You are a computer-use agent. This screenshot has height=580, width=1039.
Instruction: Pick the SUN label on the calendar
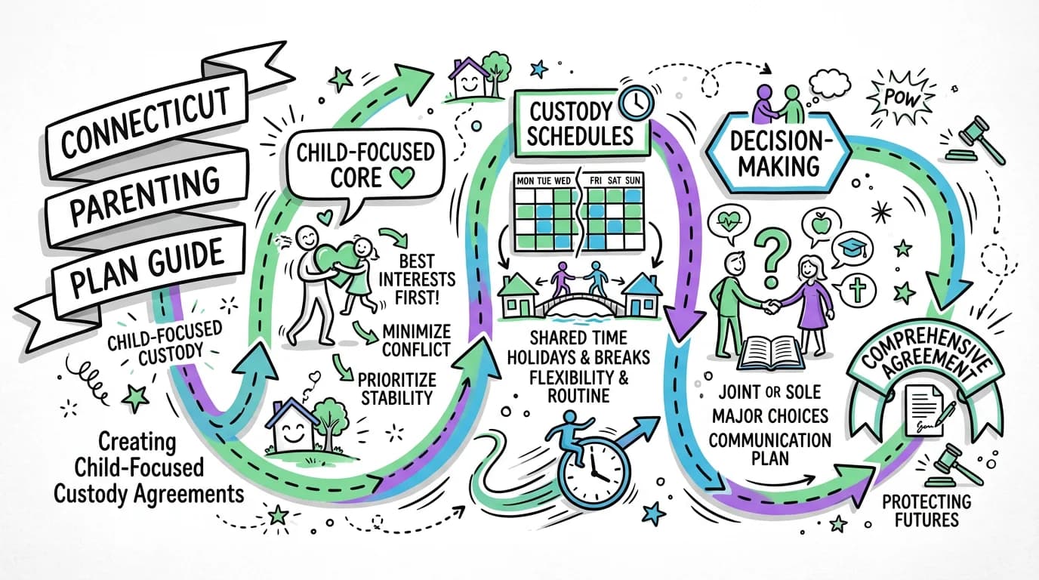639,182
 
